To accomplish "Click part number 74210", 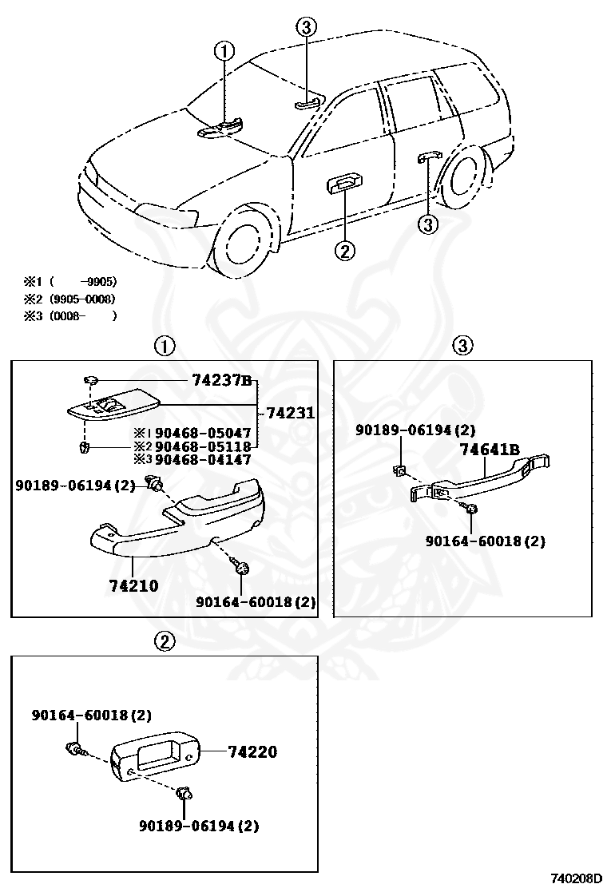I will point(133,585).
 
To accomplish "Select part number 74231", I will point(290,413).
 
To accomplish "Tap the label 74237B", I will point(222,382).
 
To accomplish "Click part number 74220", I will point(252,751).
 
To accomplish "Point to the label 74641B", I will point(490,450).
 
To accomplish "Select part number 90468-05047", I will point(203,432).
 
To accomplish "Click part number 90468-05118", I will point(203,446).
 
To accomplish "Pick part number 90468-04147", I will point(203,459).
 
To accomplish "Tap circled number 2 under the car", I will point(343,251).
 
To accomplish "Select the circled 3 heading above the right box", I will point(463,345).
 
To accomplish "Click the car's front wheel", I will point(243,237).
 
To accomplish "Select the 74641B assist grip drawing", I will point(479,479).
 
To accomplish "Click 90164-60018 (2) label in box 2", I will point(92,715).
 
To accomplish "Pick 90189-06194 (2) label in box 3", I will point(415,430).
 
